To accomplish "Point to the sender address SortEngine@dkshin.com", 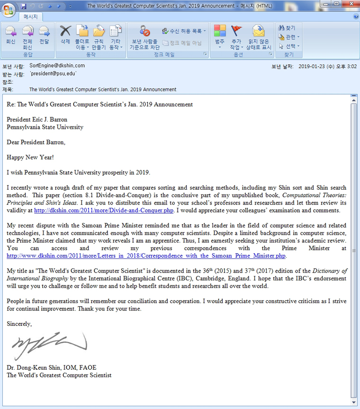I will coord(57,66).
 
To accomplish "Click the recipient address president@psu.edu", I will coord(53,74).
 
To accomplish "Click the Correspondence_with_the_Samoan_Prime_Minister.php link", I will coord(146,256).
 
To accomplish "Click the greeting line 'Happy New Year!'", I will coord(30,157).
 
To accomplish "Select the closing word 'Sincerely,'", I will coord(19,324).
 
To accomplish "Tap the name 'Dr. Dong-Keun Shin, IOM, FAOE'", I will coord(55,368).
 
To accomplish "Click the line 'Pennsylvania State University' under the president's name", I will coord(45,127).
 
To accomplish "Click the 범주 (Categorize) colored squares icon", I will coord(220,31).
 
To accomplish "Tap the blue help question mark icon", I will coord(355,17).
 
